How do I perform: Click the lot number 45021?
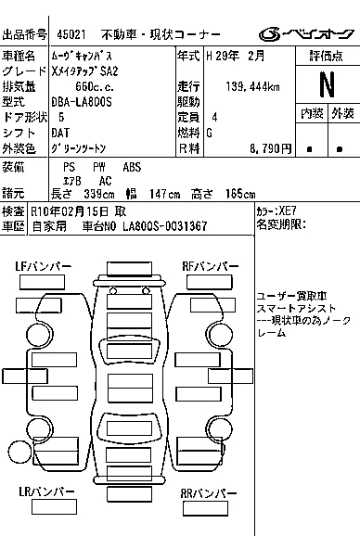tap(71, 34)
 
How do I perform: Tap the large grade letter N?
tap(328, 84)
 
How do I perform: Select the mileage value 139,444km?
tap(252, 87)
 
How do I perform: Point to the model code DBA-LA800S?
tap(82, 102)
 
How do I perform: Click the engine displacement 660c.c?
tap(95, 87)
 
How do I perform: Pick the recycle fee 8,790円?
tap(270, 148)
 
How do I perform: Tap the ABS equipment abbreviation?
tap(132, 167)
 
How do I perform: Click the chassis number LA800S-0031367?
tap(165, 226)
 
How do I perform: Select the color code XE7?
tap(288, 211)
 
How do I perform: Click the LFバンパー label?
tap(44, 266)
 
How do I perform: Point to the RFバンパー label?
tap(211, 266)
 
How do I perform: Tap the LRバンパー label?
tap(46, 491)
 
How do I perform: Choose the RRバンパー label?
tap(209, 493)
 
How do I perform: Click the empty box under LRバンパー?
tap(54, 507)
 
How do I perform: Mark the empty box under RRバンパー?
tap(205, 508)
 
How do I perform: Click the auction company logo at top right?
tap(306, 34)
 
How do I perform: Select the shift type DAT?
tap(60, 133)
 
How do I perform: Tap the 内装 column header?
tap(312, 113)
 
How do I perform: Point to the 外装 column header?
tap(342, 113)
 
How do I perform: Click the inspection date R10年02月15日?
tap(70, 211)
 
